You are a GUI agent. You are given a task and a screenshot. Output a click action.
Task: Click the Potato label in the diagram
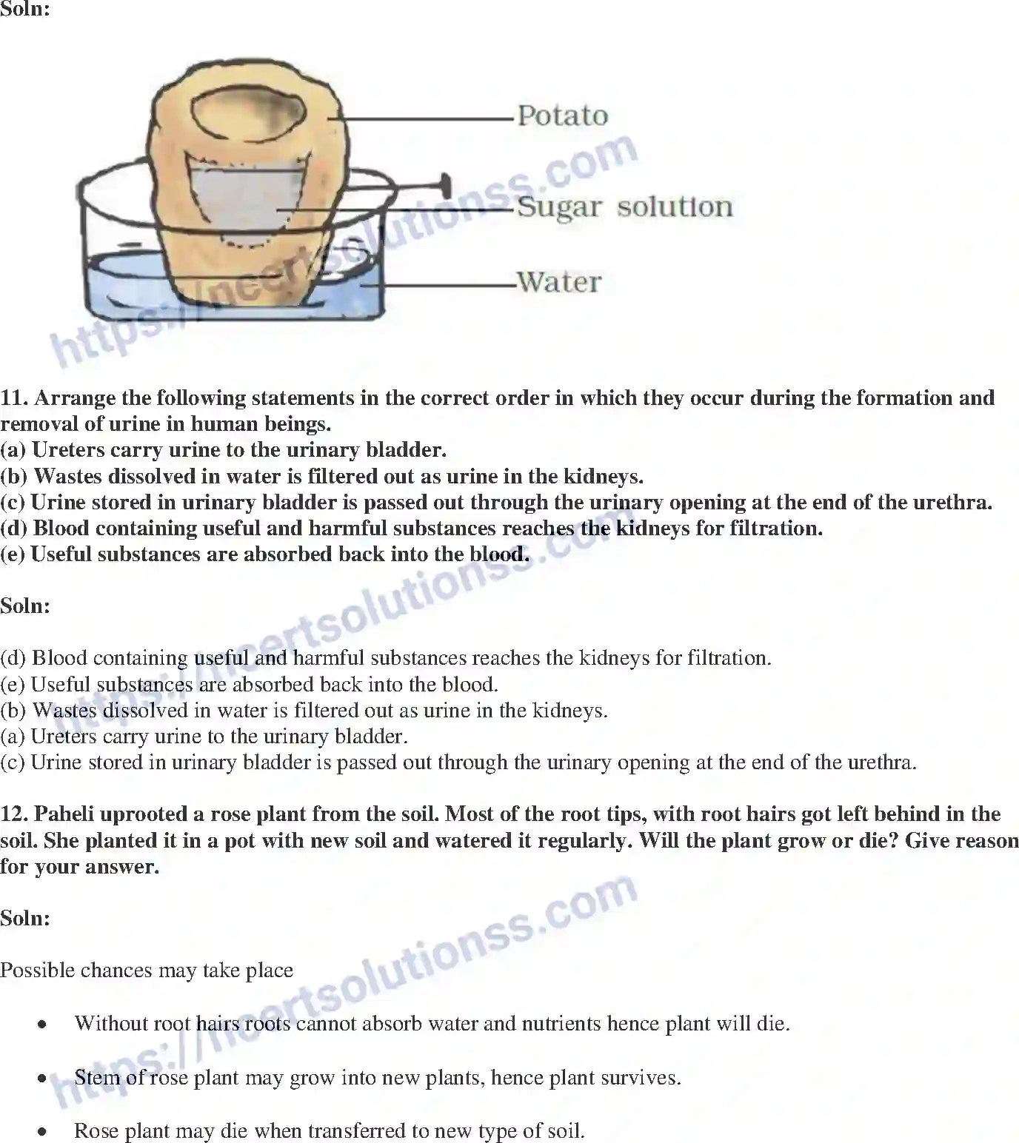[562, 116]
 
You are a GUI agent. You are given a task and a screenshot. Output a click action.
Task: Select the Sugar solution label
[624, 207]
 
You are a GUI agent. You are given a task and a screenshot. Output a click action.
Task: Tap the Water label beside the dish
[559, 282]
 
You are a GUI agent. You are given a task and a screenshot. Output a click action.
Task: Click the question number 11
[14, 398]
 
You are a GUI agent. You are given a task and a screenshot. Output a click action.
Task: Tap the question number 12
[14, 814]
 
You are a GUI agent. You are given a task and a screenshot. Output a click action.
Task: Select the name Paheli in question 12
[65, 814]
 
